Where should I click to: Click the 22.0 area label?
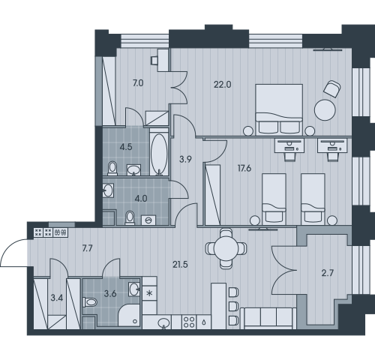click(223, 85)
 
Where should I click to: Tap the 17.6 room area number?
click(244, 169)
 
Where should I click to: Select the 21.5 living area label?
click(180, 265)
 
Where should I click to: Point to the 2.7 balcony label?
click(327, 273)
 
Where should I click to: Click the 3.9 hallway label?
click(185, 159)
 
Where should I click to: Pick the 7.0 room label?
click(138, 83)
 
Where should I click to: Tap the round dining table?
click(226, 248)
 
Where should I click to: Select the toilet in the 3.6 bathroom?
click(90, 302)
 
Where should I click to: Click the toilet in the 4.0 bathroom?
click(130, 217)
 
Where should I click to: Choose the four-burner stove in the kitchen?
click(189, 322)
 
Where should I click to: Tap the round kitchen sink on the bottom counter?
click(163, 322)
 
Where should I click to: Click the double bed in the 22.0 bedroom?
click(279, 109)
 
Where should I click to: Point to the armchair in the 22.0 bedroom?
click(332, 88)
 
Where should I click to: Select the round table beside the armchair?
click(325, 110)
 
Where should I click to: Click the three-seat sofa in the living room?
click(268, 318)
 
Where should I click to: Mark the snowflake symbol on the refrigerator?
click(149, 293)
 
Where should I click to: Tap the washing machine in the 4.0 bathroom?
click(148, 220)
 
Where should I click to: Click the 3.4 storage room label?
click(57, 298)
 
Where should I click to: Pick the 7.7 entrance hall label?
click(87, 248)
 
